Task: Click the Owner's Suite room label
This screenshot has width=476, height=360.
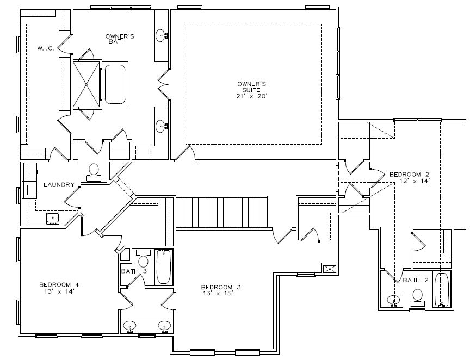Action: point(252,87)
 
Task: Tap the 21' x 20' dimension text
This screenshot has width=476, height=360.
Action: point(252,96)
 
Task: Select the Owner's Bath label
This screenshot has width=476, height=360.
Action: point(120,39)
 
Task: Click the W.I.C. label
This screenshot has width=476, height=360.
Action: point(46,48)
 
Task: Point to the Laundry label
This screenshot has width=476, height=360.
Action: point(59,184)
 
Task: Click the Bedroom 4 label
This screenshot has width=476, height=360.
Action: point(59,285)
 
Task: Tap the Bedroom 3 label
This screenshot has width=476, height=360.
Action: point(221,287)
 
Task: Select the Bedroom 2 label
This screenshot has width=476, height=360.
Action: point(410,175)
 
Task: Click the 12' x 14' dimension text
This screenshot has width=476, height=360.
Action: point(415,181)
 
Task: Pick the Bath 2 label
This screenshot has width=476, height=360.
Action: point(416,280)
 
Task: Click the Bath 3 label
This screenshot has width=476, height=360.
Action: point(134,271)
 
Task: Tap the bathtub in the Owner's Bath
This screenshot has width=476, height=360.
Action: point(115,84)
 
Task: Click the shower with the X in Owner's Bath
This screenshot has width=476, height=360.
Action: point(86,84)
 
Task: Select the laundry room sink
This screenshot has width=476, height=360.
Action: point(53,219)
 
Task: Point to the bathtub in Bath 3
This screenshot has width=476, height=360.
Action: point(164,267)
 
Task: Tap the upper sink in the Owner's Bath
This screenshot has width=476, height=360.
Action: point(161,36)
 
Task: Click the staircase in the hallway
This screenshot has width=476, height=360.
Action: point(222,212)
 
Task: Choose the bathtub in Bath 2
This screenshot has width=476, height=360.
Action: point(441,290)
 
